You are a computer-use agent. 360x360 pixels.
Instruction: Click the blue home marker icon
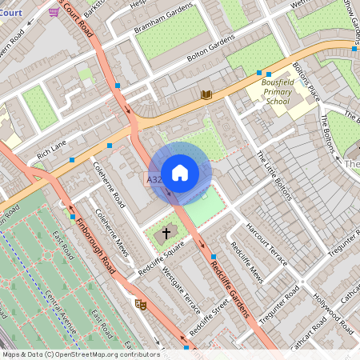(180, 173)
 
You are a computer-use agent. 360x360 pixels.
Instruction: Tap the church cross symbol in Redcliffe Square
(167, 234)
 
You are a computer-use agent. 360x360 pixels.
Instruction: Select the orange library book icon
(206, 94)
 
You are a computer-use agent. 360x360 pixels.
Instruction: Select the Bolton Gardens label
(211, 49)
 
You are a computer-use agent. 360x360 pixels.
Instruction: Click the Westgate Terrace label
(182, 293)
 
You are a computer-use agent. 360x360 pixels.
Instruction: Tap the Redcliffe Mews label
(247, 264)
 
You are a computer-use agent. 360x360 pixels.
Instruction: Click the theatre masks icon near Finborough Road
(142, 304)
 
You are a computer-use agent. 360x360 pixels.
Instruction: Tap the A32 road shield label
(154, 181)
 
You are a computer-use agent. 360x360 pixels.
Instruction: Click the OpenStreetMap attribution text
(80, 354)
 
